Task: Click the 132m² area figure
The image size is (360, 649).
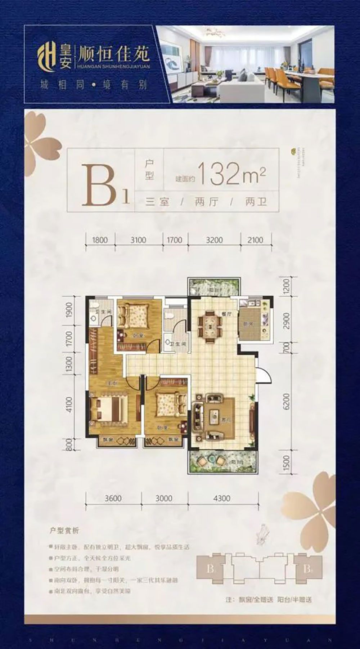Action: (232, 174)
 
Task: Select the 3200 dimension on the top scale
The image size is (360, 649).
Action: (215, 240)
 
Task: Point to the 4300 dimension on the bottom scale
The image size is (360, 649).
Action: (222, 498)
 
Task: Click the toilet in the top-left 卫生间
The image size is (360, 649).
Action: (94, 318)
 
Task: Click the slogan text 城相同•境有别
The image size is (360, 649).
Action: (94, 85)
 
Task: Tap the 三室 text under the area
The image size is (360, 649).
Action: (157, 202)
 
